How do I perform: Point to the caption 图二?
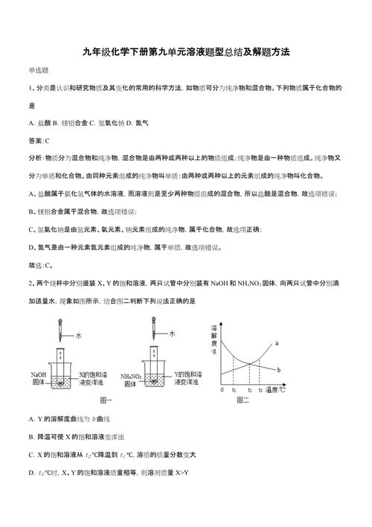[243, 400]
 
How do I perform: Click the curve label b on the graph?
[278, 371]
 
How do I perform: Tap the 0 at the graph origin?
[222, 390]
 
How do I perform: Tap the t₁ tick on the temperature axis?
[234, 390]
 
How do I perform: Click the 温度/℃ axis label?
[278, 389]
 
